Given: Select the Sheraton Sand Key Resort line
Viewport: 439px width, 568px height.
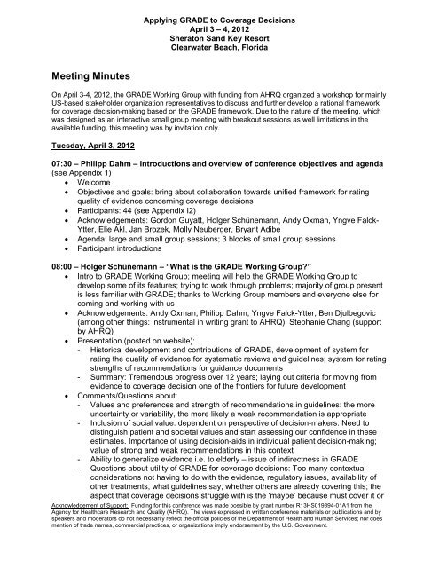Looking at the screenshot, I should (x=219, y=28).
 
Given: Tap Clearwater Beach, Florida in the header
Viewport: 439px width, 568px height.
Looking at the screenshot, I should (x=219, y=38).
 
